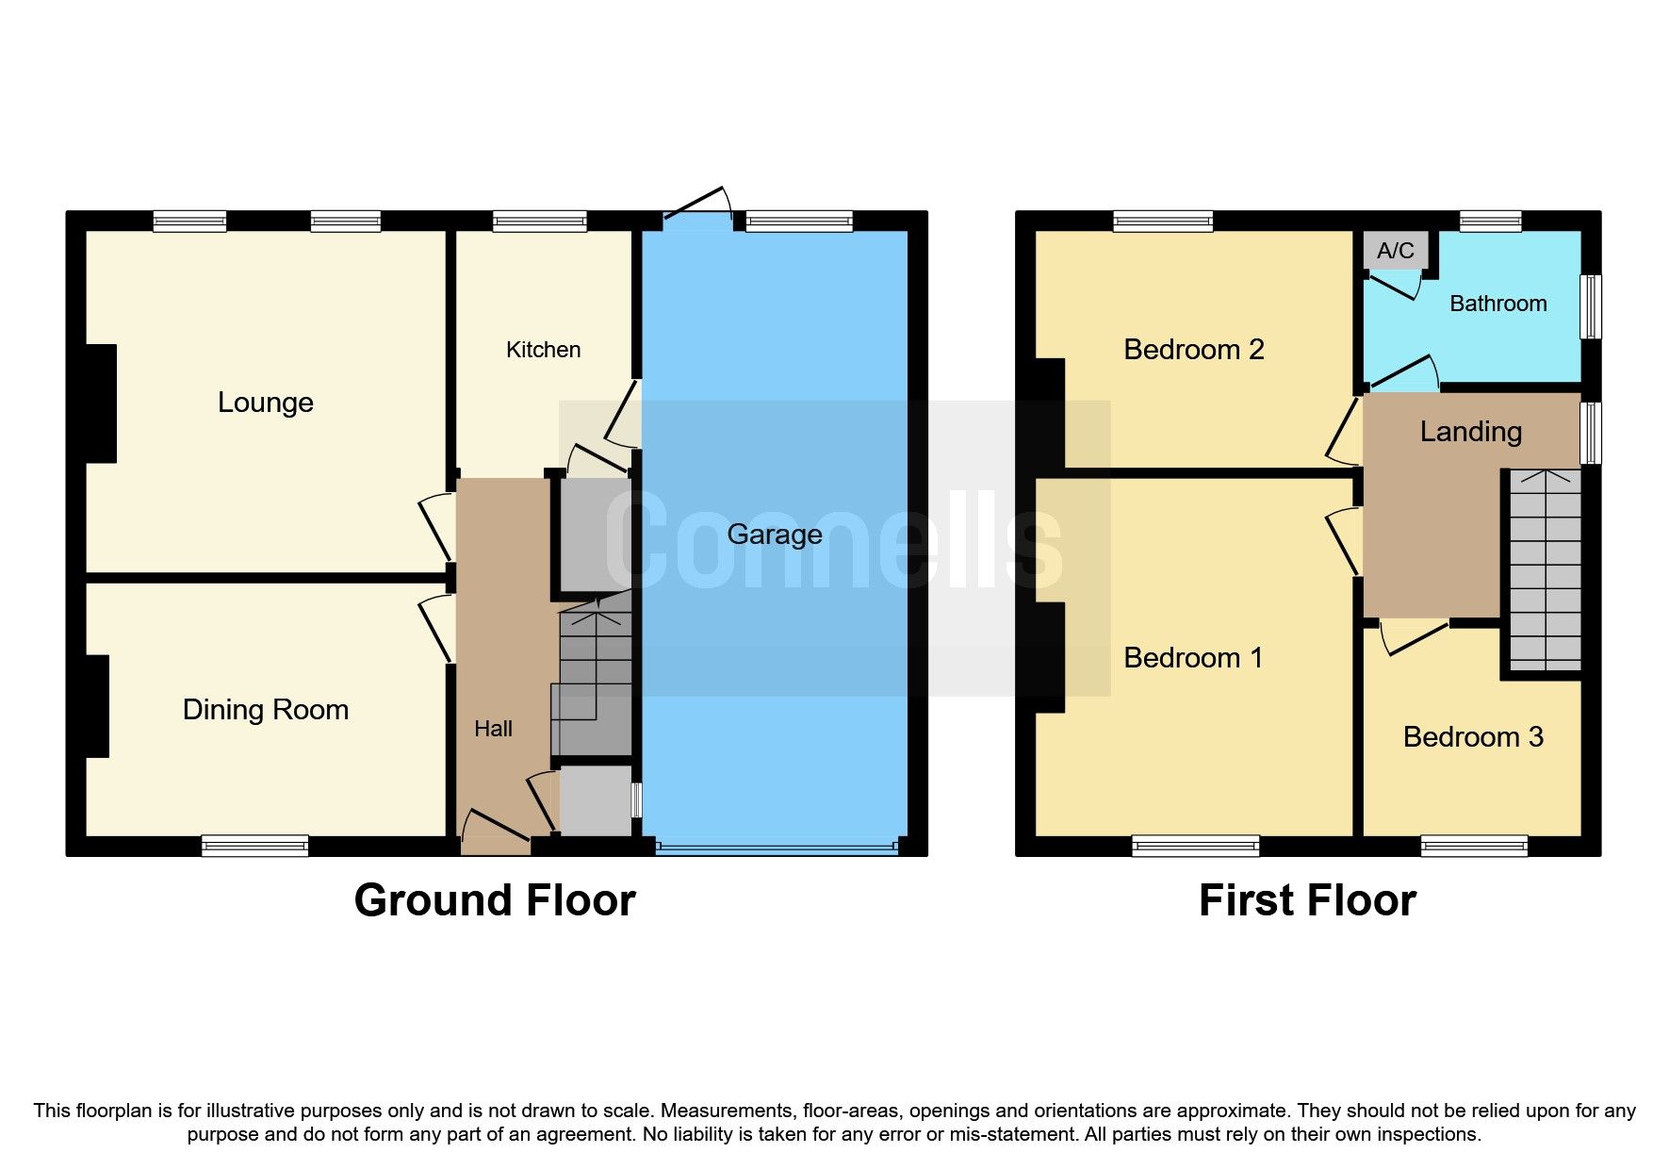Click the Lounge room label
[265, 403]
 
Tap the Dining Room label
[265, 710]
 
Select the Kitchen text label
[543, 350]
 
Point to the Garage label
[774, 535]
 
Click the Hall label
[493, 729]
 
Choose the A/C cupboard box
[1395, 251]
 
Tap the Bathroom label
[1497, 304]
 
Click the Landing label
[1470, 432]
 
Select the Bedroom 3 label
[1472, 737]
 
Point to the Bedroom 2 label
[1193, 350]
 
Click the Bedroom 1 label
[1193, 658]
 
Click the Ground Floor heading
[494, 900]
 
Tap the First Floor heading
[1306, 900]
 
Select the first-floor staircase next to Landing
[1545, 570]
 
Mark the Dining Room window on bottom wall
[254, 846]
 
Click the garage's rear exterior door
[698, 209]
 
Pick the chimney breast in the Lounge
[101, 403]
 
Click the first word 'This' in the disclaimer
[52, 1111]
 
